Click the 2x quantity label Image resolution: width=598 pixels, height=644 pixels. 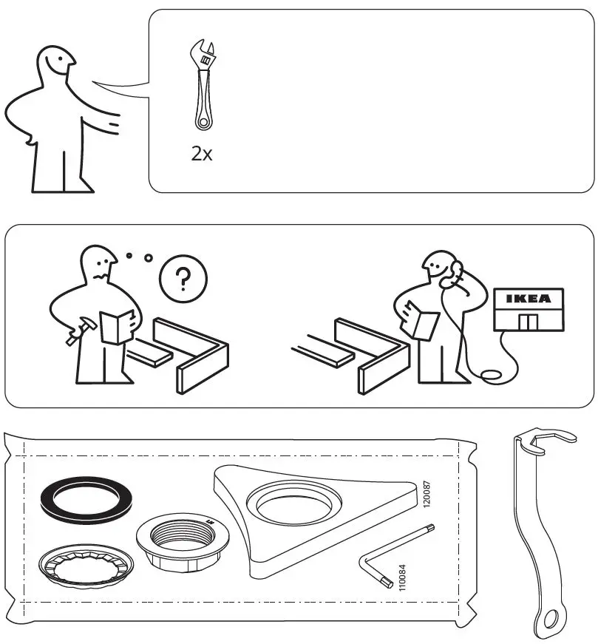click(x=201, y=154)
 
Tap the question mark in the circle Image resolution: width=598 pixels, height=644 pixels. click(x=184, y=279)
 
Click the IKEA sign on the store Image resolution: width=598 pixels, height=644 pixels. click(x=528, y=299)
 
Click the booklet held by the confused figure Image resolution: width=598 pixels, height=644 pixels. click(x=115, y=327)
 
